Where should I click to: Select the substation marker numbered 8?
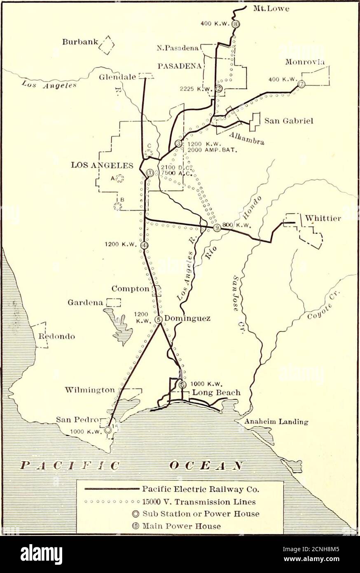235,24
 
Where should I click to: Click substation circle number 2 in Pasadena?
219,88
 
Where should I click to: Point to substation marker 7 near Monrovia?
302,84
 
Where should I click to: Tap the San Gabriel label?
289,121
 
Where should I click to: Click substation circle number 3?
178,143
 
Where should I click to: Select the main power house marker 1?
150,173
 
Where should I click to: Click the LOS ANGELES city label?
102,165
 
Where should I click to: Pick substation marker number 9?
217,228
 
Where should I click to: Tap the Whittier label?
323,218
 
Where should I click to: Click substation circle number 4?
144,245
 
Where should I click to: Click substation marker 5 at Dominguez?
159,319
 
